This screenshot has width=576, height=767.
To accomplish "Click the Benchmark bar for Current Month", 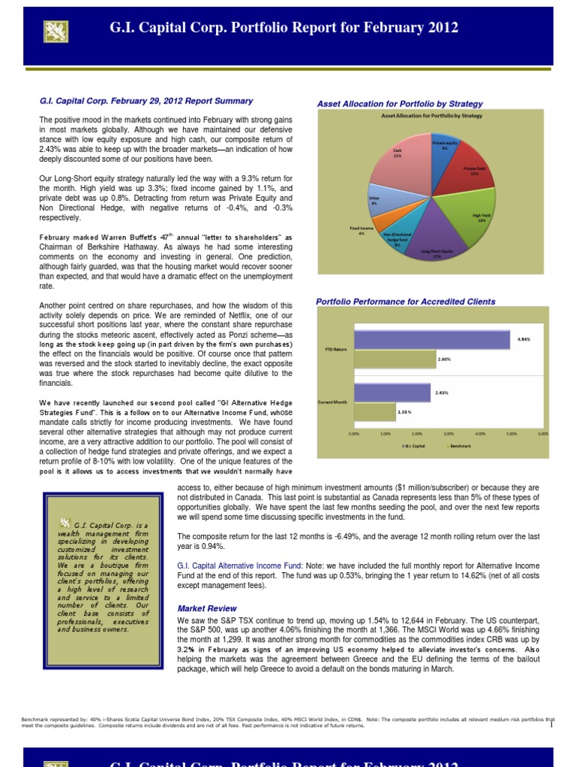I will coord(374,411).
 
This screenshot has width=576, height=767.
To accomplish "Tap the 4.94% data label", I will coord(523,339).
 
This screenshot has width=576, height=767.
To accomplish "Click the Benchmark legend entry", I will coord(460,446).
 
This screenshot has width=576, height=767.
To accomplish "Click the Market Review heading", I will coord(206,608).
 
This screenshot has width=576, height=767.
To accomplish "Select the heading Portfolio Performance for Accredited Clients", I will coord(406,301).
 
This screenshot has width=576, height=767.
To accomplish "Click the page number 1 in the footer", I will coord(550,724).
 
